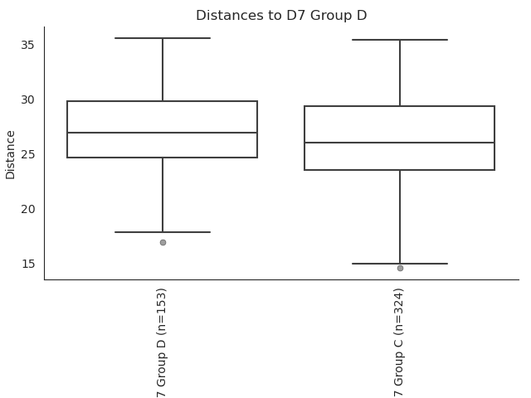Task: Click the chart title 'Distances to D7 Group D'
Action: [x=281, y=16]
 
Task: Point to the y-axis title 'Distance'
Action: [x=11, y=155]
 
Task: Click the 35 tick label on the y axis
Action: [x=27, y=45]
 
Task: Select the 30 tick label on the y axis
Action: [x=27, y=99]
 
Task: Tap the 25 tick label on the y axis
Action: [x=27, y=155]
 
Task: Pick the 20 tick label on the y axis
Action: [x=27, y=210]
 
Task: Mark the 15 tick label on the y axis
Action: [x=28, y=264]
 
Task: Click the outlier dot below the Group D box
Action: [x=163, y=243]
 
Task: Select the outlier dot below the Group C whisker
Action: [x=400, y=269]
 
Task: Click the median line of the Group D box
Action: [x=163, y=133]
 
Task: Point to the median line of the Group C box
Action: [x=400, y=143]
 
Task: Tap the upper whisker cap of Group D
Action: [x=163, y=38]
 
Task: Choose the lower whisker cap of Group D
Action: [x=163, y=232]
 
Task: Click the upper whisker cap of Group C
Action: [x=400, y=40]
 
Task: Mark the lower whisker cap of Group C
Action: [x=400, y=264]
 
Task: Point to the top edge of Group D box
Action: [x=163, y=101]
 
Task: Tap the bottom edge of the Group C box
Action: [x=400, y=170]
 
